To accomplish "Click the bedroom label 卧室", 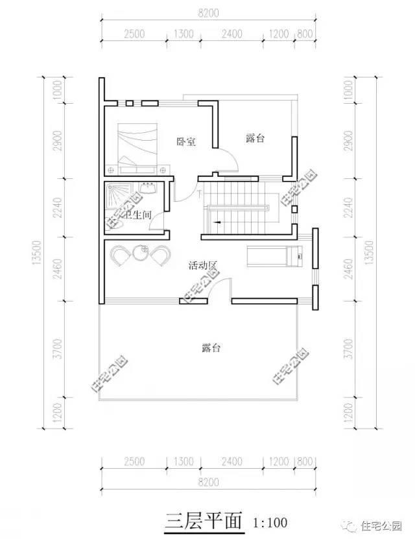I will (x=186, y=141).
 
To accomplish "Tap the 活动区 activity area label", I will (x=202, y=266).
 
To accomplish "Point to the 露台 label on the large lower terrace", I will (x=211, y=348).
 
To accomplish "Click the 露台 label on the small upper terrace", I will (x=257, y=138).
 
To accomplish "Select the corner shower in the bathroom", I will (x=117, y=196).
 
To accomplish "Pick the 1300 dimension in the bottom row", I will (x=184, y=462).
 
